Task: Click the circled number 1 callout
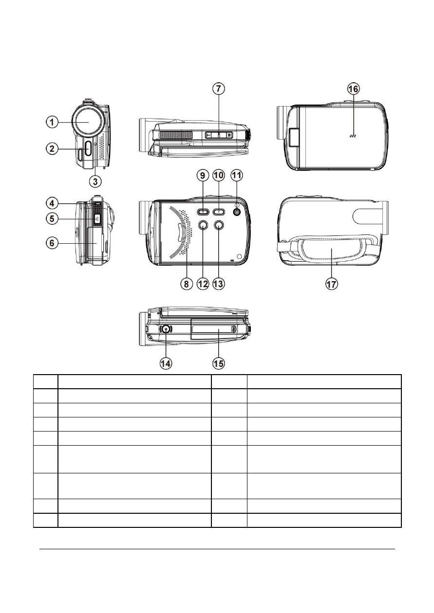[x=52, y=122]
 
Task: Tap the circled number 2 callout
[x=52, y=149]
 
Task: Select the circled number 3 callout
[x=95, y=182]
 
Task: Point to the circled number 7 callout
[x=218, y=89]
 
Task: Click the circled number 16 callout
[x=353, y=89]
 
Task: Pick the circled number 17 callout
[x=331, y=284]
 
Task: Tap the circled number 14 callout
[x=166, y=363]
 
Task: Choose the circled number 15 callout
[x=218, y=363]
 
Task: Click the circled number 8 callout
[x=186, y=284]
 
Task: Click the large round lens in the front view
[x=88, y=122]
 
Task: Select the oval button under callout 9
[x=203, y=212]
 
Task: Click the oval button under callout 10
[x=218, y=212]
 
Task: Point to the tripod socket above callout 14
[x=166, y=329]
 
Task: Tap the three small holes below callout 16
[x=353, y=136]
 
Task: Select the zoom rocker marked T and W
[x=219, y=135]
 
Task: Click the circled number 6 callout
[x=52, y=243]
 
